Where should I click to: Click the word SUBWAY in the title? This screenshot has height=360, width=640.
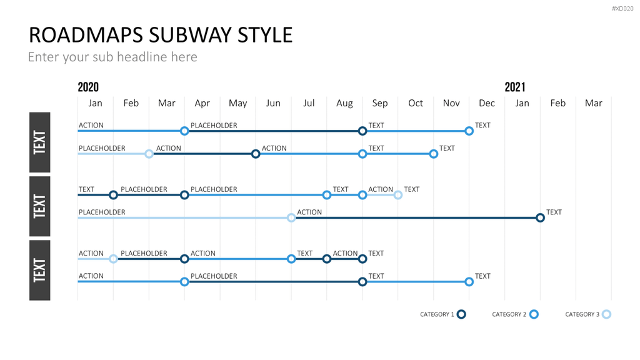point(191,35)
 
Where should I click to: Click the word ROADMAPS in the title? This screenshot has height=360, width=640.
point(86,35)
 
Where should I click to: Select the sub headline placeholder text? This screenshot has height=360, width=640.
point(112,57)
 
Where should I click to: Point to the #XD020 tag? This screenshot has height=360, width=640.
point(622,9)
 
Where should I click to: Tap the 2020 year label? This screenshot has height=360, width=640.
point(88,87)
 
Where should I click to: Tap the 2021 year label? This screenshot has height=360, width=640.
point(515,87)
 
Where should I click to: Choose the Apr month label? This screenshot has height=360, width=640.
point(202,103)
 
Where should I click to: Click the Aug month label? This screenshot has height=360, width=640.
point(344,103)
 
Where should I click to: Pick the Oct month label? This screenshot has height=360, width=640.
point(416,103)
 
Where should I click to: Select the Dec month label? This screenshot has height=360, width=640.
point(486,103)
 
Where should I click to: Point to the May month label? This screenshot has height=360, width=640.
point(237,103)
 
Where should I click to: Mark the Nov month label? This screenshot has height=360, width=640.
point(451,103)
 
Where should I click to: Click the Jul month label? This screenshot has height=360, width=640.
point(309,103)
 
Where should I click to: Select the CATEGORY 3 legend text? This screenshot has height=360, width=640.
point(582,314)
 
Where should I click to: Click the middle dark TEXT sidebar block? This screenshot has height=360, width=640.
point(39,206)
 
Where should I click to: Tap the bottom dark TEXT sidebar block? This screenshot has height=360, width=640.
point(39,270)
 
